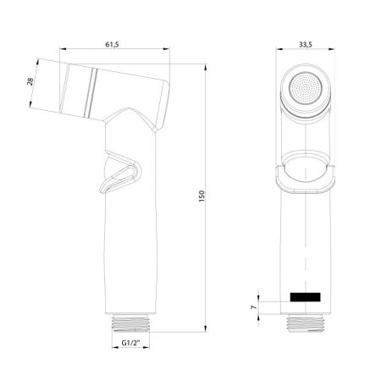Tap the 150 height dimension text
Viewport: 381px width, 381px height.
[202, 196]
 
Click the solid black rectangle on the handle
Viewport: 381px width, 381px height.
[306, 297]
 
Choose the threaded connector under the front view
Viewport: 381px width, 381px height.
[305, 323]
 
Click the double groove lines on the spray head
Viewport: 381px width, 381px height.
[91, 90]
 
